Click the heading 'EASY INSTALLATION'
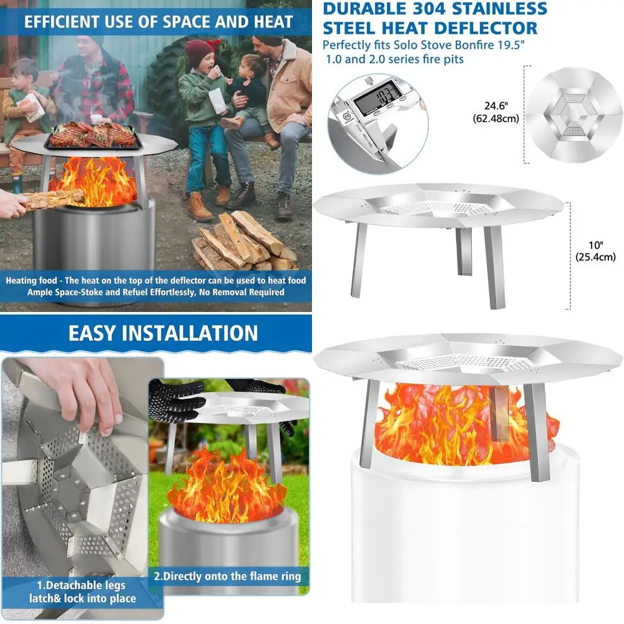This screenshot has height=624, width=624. click(x=163, y=333)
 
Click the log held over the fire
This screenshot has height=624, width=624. click(x=53, y=198)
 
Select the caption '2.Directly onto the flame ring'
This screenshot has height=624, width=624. click(x=227, y=576)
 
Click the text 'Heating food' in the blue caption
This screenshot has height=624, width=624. click(x=32, y=280)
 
